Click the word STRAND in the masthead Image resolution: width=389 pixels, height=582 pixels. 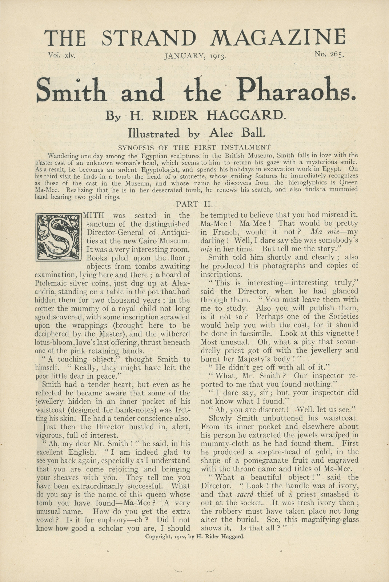(x=149, y=38)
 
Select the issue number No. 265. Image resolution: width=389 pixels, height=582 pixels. (x=329, y=55)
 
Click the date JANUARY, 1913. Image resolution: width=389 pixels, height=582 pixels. (x=195, y=56)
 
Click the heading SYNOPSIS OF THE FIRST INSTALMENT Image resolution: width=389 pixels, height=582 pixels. (x=194, y=147)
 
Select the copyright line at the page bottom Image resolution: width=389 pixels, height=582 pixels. (x=194, y=537)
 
